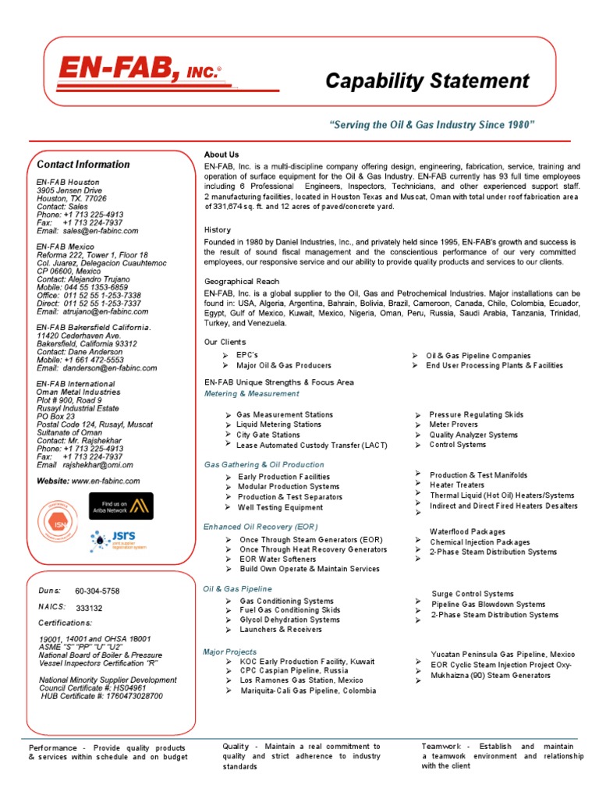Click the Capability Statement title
(x=427, y=80)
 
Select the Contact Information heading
(x=83, y=165)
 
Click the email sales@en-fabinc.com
(x=101, y=231)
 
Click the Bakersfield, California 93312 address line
(x=87, y=343)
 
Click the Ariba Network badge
(x=121, y=506)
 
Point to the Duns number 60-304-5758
(x=97, y=591)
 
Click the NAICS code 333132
(x=89, y=608)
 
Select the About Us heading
(x=222, y=154)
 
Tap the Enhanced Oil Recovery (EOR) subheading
(x=261, y=527)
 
